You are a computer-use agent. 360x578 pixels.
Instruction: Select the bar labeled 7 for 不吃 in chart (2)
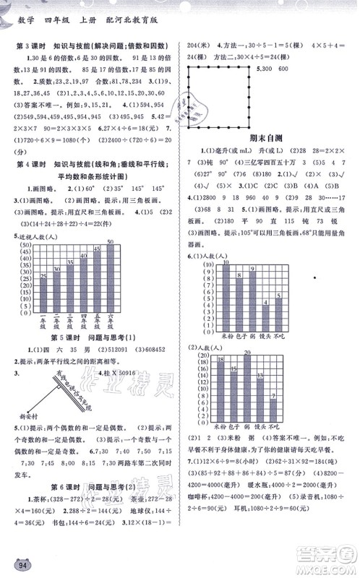pyautogui.click(x=273, y=406)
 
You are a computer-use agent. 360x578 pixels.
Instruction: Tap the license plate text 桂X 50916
pyautogui.click(x=116, y=371)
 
